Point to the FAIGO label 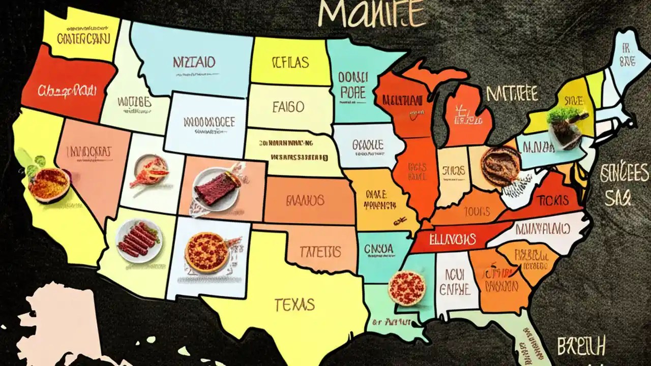point(288,107)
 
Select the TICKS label point(553,199)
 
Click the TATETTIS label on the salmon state point(320,251)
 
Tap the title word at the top point(372,15)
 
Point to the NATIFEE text point(512,94)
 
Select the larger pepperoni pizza point(206,252)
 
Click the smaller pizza point(406,288)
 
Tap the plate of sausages point(139,240)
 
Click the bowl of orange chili point(49,185)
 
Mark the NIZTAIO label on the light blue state point(194,63)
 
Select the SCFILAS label point(290,63)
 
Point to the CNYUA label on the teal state point(378,249)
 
